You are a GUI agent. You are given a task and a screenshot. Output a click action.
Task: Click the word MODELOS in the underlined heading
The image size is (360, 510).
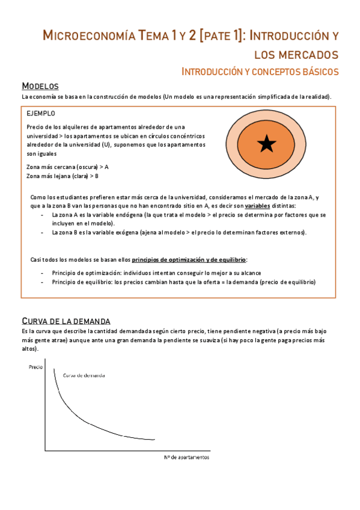coord(40,86)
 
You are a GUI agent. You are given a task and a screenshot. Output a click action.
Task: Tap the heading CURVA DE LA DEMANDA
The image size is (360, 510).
coord(66,321)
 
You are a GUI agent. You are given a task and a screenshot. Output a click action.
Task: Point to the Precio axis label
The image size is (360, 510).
coord(35,366)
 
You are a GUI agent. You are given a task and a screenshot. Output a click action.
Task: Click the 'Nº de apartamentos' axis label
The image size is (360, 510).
coord(186,457)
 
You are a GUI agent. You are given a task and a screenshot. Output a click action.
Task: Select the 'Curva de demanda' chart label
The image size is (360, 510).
coord(84,375)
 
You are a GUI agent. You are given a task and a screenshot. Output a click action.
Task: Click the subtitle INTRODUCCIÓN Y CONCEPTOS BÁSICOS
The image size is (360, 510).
coord(260,72)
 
